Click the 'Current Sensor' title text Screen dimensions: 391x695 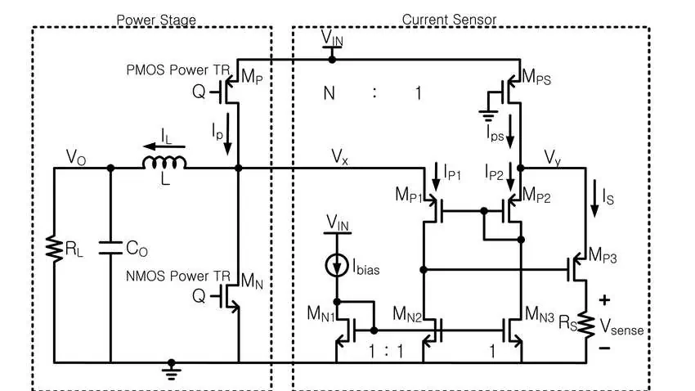(x=449, y=19)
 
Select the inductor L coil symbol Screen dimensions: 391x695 (x=164, y=164)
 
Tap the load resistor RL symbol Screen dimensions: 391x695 (x=54, y=249)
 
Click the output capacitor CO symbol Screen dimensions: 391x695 (x=110, y=247)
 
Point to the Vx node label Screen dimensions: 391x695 (x=339, y=155)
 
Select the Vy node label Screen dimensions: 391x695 (x=552, y=155)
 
